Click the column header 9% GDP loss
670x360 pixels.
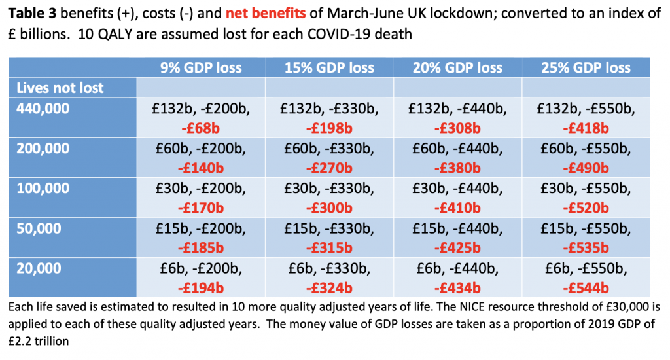(201, 68)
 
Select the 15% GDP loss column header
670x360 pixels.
(329, 68)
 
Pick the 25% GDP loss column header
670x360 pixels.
(586, 68)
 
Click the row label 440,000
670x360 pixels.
(43, 109)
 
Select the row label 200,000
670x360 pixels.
(43, 149)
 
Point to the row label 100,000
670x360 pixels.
(43, 189)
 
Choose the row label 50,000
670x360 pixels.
(39, 228)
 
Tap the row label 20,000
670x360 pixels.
(39, 268)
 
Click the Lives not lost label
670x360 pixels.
(60, 88)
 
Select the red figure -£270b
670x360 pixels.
(329, 168)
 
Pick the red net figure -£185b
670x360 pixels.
(201, 248)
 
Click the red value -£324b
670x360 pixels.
(329, 288)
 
